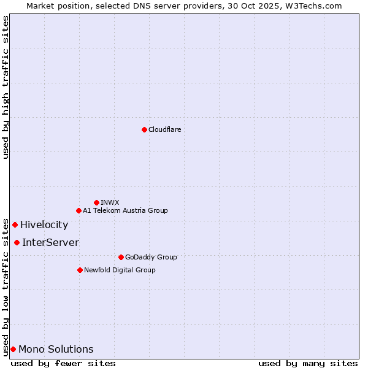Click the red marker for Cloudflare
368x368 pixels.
pyautogui.click(x=144, y=129)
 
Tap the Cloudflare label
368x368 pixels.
pyautogui.click(x=164, y=129)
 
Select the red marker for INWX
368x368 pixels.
pyautogui.click(x=96, y=202)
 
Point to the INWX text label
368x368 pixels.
pyautogui.click(x=110, y=202)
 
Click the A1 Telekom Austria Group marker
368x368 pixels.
pyautogui.click(x=79, y=210)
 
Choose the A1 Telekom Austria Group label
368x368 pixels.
pyautogui.click(x=125, y=210)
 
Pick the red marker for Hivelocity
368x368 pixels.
pyautogui.click(x=15, y=224)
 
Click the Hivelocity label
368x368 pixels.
pyautogui.click(x=44, y=224)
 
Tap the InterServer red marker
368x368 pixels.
pyautogui.click(x=17, y=242)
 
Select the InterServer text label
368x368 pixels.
pyautogui.click(x=50, y=242)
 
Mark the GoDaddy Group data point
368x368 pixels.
pyautogui.click(x=121, y=257)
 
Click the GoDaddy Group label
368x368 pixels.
pyautogui.click(x=150, y=257)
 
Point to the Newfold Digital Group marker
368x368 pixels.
pyautogui.click(x=80, y=270)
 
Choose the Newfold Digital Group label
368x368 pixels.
pyautogui.click(x=120, y=270)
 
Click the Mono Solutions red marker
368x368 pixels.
pyautogui.click(x=13, y=349)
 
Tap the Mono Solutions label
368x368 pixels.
pyautogui.click(x=56, y=349)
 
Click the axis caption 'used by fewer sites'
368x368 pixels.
pyautogui.click(x=63, y=363)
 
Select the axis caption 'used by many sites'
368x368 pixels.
pyautogui.click(x=308, y=363)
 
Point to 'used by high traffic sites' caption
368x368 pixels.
pyautogui.click(x=6, y=87)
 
